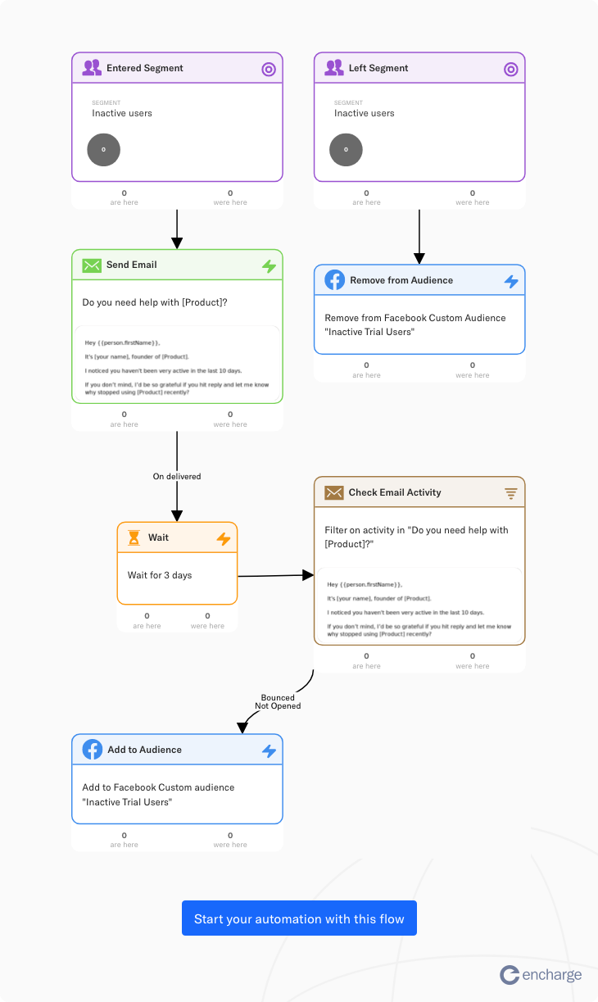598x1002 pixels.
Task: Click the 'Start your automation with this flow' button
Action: (x=299, y=918)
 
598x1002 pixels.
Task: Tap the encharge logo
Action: (x=541, y=974)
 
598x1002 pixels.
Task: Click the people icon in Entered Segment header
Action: (x=92, y=69)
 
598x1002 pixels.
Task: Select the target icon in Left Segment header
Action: (x=511, y=70)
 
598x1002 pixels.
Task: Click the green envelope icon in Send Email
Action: (x=92, y=265)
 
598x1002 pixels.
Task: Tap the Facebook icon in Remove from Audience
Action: (x=334, y=280)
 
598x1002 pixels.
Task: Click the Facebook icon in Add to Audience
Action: (x=92, y=750)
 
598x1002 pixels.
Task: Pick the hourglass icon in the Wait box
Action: (x=134, y=538)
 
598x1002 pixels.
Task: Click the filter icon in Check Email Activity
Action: (x=511, y=493)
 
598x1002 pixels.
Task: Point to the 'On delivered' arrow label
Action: (x=177, y=476)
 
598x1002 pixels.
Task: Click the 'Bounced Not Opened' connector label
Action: (x=278, y=701)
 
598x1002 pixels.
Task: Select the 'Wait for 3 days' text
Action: (x=160, y=575)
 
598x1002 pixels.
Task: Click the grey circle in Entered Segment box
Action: (x=104, y=150)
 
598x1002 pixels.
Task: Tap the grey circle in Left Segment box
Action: (x=346, y=150)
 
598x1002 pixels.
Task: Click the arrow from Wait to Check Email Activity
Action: (x=275, y=576)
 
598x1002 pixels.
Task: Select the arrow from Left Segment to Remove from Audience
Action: (x=419, y=237)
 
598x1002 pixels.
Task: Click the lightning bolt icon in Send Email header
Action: (x=269, y=266)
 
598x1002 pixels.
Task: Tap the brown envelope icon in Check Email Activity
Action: (x=333, y=492)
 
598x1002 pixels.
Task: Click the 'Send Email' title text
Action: (x=132, y=265)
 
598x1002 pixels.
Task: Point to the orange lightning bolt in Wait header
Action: (x=224, y=538)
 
